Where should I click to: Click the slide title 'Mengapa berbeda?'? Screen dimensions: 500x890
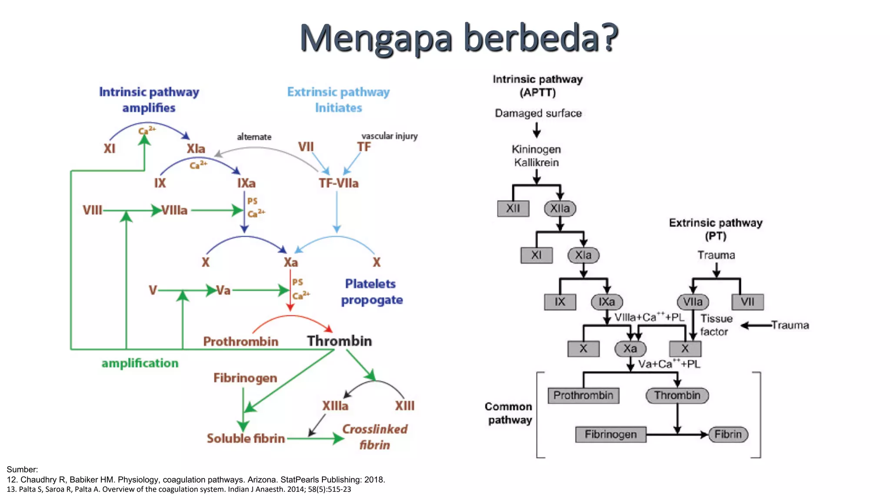458,38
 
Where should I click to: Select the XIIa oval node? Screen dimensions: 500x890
560,208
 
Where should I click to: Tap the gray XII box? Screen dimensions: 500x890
513,208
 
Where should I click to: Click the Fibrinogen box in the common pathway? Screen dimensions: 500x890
610,434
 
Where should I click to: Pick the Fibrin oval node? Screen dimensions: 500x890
728,434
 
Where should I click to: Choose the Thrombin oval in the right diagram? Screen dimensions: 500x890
677,395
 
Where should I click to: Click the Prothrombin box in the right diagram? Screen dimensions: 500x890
583,395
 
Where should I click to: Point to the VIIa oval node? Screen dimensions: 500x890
693,302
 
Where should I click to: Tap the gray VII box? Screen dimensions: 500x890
747,302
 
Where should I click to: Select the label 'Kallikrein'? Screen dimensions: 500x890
536,163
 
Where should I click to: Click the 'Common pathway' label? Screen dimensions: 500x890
509,413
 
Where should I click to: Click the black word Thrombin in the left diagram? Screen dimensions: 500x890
339,341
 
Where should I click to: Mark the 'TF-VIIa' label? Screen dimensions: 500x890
339,183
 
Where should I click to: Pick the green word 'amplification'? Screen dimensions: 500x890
140,363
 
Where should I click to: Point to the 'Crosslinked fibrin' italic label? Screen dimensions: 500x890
375,437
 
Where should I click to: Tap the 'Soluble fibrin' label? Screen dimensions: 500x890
246,438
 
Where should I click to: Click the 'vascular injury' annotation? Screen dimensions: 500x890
389,136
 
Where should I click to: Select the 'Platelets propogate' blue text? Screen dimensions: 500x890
371,292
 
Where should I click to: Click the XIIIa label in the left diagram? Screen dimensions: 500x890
335,406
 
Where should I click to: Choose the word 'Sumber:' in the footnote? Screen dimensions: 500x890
22,469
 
